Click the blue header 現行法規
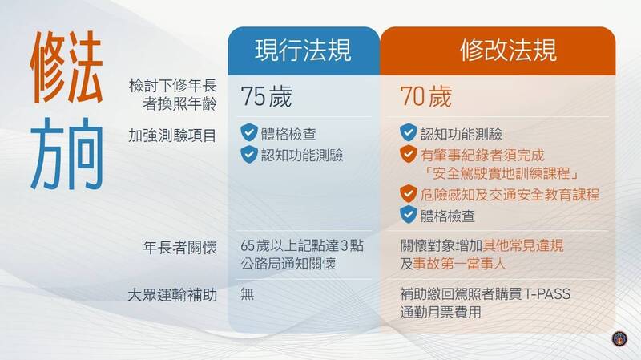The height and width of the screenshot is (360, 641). [x=303, y=51]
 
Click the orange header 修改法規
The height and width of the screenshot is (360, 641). [x=508, y=51]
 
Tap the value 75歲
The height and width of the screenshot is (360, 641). [x=266, y=96]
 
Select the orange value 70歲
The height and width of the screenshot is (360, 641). [x=425, y=96]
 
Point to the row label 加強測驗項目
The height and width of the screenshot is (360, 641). [x=172, y=136]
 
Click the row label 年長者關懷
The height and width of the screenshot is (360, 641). [x=179, y=248]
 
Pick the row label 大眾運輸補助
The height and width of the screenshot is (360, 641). [x=172, y=295]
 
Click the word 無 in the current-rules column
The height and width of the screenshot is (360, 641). [x=248, y=293]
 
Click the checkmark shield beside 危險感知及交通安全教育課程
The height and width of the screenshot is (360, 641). [x=408, y=194]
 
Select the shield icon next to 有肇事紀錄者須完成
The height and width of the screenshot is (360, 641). [x=408, y=154]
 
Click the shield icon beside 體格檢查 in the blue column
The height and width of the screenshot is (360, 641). [x=248, y=132]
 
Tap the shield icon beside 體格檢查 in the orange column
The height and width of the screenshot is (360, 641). [x=408, y=214]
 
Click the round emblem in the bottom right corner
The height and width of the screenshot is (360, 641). [x=619, y=338]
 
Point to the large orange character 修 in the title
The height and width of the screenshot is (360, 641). [x=48, y=67]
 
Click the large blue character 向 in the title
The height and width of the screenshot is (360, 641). [x=85, y=154]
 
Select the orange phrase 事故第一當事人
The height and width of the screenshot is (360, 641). [x=459, y=264]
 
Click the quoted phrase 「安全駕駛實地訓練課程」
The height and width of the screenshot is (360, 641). [x=501, y=173]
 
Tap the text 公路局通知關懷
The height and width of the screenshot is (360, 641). [x=288, y=264]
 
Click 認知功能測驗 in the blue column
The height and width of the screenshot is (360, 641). [x=302, y=155]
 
